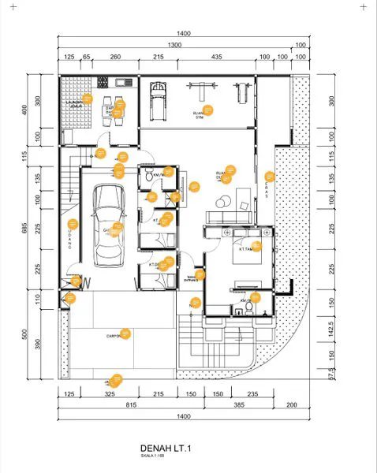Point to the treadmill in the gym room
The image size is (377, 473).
pos(160,98)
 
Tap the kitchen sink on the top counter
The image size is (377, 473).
pos(121,82)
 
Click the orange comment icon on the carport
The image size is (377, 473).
pos(125,333)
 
